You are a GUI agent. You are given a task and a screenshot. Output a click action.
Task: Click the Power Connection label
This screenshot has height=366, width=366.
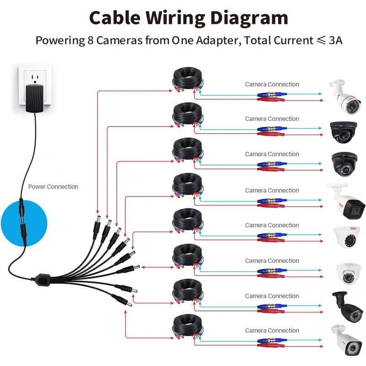pos(53,187)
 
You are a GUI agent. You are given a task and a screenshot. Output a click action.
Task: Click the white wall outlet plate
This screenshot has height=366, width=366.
pos(34,82)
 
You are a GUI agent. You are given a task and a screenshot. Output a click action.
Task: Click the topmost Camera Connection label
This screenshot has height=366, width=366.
pos(272,84)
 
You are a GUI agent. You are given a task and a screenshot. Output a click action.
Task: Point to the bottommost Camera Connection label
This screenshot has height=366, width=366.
pos(272,330)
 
